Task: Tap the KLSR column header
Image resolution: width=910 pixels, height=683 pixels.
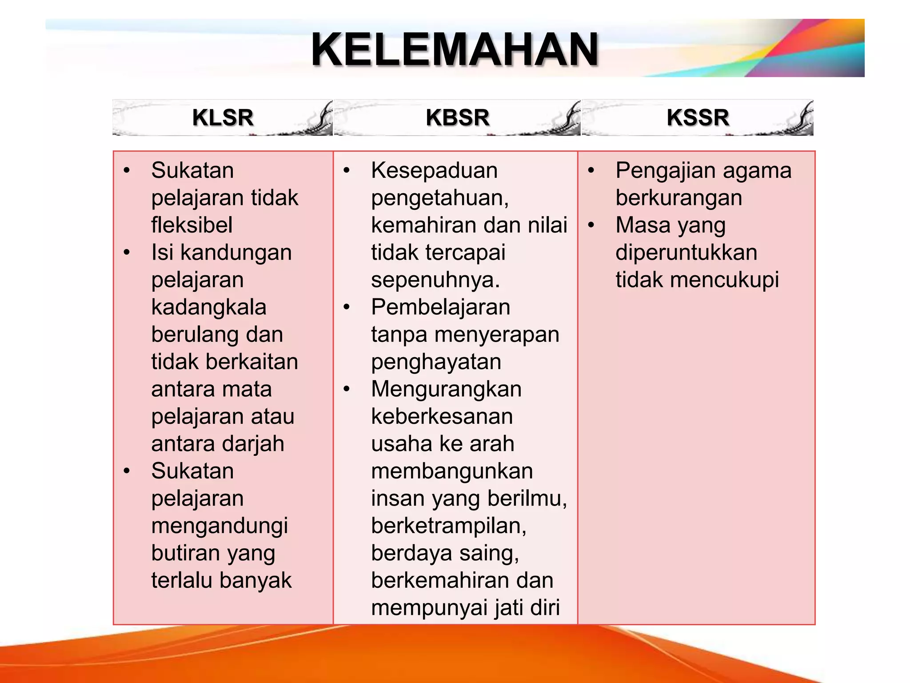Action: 223,118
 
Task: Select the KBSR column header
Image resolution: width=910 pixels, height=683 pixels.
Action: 457,118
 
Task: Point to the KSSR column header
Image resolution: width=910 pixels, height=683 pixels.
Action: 698,118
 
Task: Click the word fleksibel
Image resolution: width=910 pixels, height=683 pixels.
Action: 192,225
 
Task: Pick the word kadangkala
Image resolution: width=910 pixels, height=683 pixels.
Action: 208,307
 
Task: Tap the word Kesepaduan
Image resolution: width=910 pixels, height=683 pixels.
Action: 434,171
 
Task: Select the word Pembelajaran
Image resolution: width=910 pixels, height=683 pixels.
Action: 440,307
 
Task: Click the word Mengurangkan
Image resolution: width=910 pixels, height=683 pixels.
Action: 446,389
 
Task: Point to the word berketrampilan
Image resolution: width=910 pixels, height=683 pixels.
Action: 448,526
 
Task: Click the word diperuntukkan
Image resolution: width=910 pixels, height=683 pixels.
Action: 686,253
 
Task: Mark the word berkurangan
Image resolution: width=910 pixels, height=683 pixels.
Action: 679,198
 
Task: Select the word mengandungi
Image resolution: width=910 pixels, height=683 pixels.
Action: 220,526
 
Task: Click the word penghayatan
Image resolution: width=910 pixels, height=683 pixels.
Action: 436,362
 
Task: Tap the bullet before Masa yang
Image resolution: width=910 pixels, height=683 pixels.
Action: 591,225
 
